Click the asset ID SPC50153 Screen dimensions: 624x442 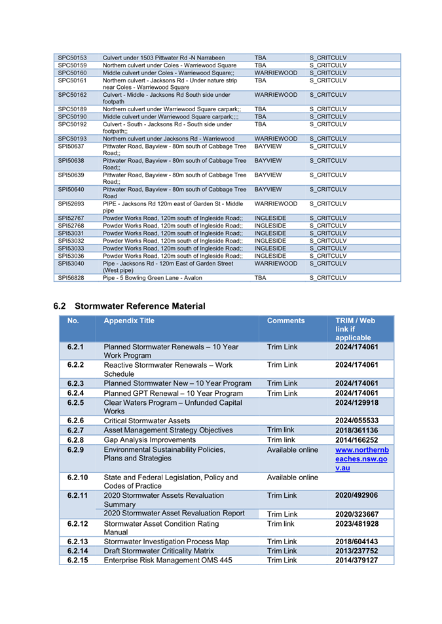(72, 58)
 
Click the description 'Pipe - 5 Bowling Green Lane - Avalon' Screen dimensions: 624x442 (153, 278)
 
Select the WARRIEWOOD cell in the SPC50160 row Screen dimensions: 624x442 (276, 73)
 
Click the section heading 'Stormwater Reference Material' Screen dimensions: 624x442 (139, 306)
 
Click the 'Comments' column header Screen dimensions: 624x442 (286, 321)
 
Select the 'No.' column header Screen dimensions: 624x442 (73, 321)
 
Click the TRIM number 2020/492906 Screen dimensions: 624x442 (357, 496)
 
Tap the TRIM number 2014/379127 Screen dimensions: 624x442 (357, 561)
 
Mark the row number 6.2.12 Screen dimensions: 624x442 (77, 523)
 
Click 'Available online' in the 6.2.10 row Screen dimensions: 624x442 (292, 477)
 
